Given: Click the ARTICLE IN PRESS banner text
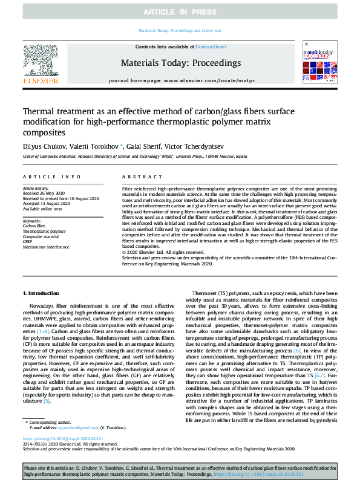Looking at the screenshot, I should coord(180,12).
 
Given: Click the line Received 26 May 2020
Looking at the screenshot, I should coord(43,193).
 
